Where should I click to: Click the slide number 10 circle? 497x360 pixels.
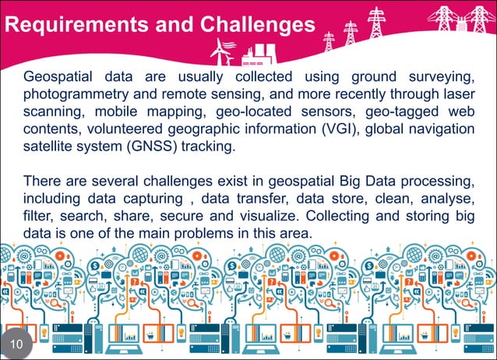tap(17, 343)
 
